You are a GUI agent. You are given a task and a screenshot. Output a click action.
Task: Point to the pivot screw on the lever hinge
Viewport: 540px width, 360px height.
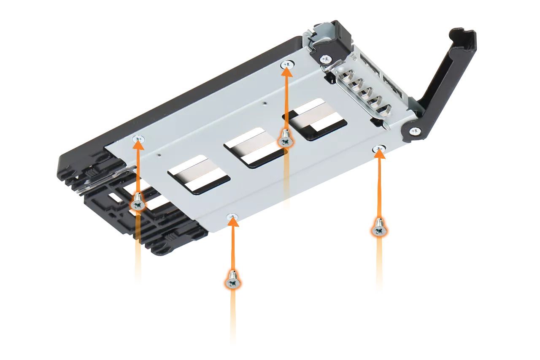click(415, 131)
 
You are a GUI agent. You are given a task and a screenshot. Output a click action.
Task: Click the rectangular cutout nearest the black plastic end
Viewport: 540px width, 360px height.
click(198, 174)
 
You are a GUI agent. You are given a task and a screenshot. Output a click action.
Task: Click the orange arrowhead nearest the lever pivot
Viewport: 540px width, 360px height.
click(380, 152)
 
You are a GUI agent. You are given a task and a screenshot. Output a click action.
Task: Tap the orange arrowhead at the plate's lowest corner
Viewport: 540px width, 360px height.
click(232, 221)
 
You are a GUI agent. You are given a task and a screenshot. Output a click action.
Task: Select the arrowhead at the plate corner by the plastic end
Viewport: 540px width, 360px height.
click(138, 144)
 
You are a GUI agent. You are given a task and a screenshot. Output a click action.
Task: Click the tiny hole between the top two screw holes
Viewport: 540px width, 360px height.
click(264, 102)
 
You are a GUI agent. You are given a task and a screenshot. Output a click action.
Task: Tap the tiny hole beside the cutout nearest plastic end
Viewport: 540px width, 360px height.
click(159, 154)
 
